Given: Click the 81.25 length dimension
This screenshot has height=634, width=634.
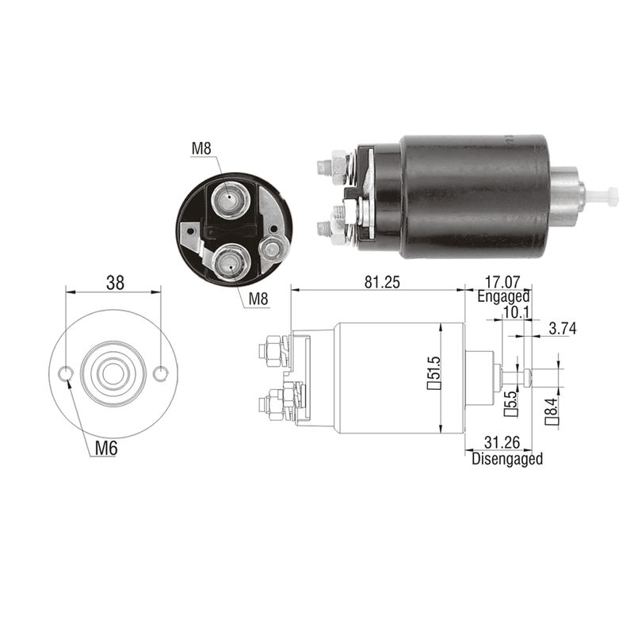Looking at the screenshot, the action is pos(382,282).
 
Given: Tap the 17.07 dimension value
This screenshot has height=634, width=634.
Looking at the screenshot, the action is pos(502,282).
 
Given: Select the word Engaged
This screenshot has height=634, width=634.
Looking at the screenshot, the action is pos(503,296).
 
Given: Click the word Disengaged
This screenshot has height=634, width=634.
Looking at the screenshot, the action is pos(507,459).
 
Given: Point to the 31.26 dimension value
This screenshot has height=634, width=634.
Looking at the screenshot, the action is pos(502,443).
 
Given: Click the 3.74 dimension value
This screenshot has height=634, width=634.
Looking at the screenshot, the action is pos(563,328).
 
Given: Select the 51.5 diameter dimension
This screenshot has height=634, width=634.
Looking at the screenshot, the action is pos(433,372).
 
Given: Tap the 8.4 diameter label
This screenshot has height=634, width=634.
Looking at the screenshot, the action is pos(552,411).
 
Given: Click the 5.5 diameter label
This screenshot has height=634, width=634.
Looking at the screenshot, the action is pos(510,403).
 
